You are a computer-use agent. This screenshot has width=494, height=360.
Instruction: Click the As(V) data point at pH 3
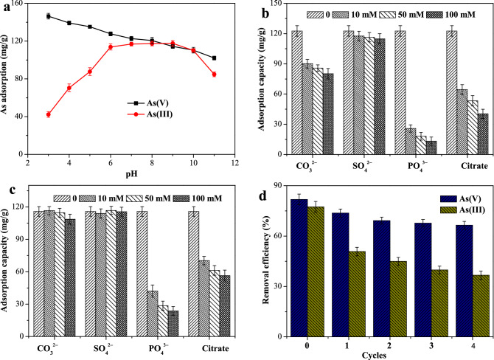49,15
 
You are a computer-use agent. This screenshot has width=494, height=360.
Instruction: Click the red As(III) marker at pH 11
214,75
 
